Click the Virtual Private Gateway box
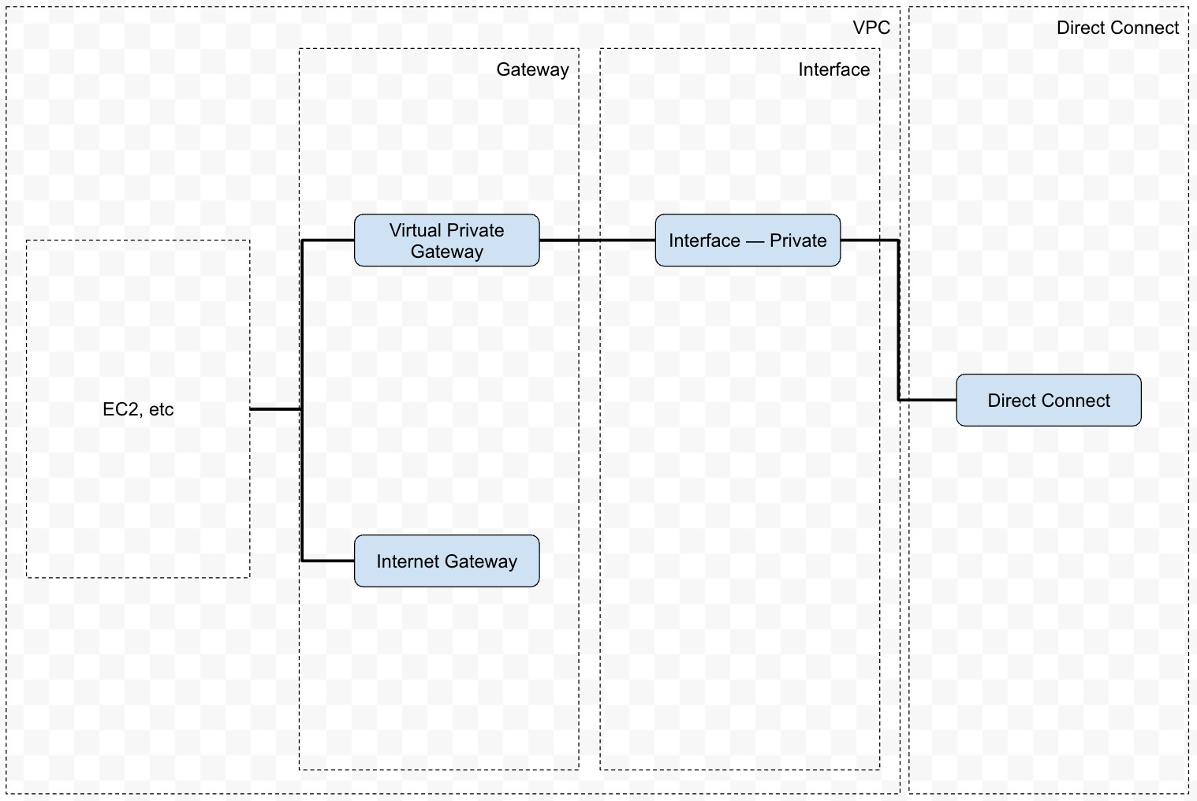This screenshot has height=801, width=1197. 446,240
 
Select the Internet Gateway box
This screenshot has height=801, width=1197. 446,561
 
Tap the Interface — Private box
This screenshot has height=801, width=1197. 748,240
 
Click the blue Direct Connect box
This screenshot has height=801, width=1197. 1048,400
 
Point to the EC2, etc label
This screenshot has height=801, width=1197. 138,409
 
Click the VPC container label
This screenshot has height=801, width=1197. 871,28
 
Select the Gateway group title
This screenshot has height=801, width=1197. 532,69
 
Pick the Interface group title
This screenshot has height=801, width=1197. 833,69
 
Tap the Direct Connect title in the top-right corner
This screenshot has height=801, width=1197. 1117,28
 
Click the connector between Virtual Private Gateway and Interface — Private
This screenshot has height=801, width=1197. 597,240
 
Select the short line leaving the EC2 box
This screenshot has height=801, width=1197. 275,409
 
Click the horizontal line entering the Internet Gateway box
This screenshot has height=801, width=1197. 328,561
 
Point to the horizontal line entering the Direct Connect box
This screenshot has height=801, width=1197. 928,400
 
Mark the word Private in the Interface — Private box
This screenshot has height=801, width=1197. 798,240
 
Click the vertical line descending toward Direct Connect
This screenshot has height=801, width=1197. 899,319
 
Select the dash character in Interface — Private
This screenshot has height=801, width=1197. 755,240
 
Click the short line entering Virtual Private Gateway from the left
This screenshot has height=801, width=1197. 328,240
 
